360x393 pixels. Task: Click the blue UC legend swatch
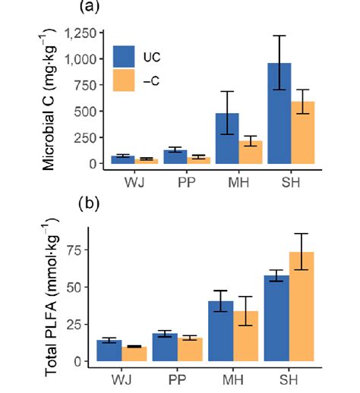pyautogui.click(x=125, y=56)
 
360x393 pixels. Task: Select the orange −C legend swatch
pyautogui.click(x=125, y=79)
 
